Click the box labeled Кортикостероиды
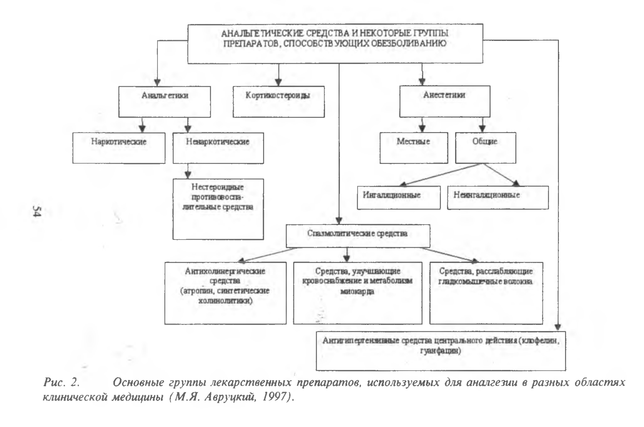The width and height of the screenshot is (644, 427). click(x=279, y=102)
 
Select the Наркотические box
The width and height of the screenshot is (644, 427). click(x=119, y=148)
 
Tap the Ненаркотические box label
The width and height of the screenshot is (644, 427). click(x=218, y=142)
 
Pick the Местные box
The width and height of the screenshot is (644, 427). click(x=414, y=148)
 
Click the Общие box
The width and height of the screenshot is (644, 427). click(x=486, y=148)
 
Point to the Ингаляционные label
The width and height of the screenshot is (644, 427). click(x=392, y=195)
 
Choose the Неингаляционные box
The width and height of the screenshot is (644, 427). click(x=498, y=197)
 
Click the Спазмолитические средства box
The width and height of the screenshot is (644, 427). click(x=358, y=236)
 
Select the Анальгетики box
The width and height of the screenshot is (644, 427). click(x=165, y=102)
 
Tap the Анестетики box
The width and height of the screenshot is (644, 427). click(x=445, y=101)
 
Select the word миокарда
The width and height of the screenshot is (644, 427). click(x=357, y=291)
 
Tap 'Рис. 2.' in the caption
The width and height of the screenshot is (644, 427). click(x=61, y=383)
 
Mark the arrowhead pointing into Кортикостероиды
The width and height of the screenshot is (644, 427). click(x=279, y=82)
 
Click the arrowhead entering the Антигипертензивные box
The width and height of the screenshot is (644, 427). click(x=558, y=327)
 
